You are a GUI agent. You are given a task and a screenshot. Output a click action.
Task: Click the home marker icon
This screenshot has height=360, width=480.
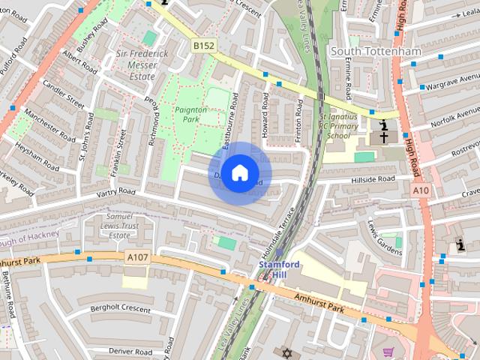coord(238,173)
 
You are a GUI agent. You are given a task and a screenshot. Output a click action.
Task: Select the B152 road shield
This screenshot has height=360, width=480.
coord(202,46)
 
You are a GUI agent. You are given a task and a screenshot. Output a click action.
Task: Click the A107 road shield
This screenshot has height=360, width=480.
coord(137,257)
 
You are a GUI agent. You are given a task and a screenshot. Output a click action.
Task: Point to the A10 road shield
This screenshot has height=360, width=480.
coord(421,191)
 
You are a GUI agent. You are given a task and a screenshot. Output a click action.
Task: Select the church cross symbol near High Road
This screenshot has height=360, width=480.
coord(382,137)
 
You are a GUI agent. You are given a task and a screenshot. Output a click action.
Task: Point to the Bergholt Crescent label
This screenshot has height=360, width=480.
coord(120,309)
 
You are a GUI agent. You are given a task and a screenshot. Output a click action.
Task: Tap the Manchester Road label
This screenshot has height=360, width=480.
coord(48,126)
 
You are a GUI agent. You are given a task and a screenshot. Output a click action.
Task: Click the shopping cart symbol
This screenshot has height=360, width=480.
coord(388,352)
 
